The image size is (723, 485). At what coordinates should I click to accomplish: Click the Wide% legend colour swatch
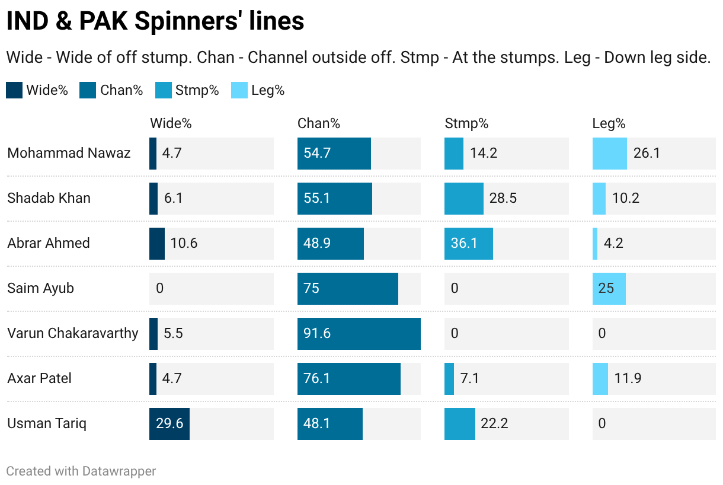tap(14, 90)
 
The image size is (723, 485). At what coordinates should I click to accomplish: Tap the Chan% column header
tap(318, 123)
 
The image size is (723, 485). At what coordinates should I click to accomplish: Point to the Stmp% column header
tap(466, 123)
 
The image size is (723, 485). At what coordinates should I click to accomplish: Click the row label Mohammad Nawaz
tap(69, 153)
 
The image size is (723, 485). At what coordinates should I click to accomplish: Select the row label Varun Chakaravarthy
tap(72, 333)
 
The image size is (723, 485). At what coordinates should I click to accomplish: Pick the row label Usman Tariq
tap(47, 423)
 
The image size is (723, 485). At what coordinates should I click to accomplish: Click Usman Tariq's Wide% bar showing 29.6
tap(169, 423)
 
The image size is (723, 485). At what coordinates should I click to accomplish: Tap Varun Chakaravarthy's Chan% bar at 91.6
tap(359, 333)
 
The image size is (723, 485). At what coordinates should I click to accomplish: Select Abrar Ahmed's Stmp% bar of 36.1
tap(468, 243)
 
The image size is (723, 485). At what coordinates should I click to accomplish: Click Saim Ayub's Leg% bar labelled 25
tap(609, 288)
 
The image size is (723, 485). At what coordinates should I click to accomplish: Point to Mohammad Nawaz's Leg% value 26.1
tap(647, 153)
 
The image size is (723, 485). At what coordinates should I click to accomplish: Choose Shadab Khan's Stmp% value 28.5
tap(503, 198)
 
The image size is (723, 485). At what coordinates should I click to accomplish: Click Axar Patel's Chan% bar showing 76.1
tap(348, 378)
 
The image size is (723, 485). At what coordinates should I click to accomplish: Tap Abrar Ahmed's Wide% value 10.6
tap(184, 243)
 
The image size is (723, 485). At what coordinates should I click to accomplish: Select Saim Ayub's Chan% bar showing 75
tap(347, 288)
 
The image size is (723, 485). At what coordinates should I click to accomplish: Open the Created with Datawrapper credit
tap(81, 471)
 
